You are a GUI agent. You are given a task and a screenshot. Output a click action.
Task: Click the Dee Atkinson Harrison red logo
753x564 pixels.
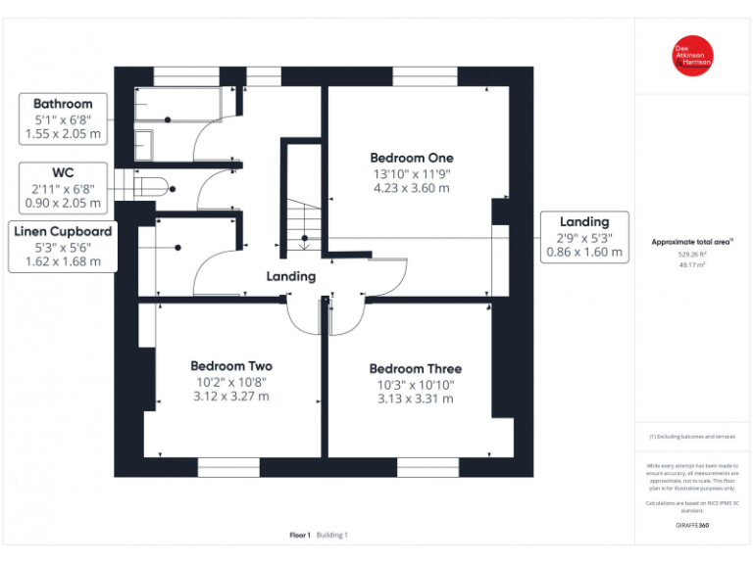click(x=692, y=56)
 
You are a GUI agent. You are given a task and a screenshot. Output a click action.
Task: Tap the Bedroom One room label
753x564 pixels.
click(x=411, y=158)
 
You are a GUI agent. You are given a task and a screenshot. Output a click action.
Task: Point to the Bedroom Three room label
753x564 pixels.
click(x=415, y=369)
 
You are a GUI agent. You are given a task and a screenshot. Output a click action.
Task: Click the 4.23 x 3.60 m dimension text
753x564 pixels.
click(x=411, y=189)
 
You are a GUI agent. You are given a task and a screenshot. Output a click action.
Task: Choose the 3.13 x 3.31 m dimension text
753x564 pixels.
click(x=415, y=399)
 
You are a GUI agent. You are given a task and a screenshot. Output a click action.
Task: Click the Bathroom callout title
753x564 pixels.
click(x=63, y=104)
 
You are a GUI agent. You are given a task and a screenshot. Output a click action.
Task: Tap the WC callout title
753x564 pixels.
click(x=63, y=172)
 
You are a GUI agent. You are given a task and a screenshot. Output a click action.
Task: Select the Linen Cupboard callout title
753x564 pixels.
click(x=63, y=232)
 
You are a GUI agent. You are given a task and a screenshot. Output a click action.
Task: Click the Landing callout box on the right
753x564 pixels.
click(x=584, y=237)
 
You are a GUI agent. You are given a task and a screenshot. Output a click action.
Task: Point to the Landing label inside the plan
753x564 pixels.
click(x=291, y=277)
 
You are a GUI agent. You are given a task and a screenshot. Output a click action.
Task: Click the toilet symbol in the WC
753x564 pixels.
click(x=155, y=187)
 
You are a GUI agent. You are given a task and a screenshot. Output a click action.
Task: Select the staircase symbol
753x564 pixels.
click(x=304, y=223)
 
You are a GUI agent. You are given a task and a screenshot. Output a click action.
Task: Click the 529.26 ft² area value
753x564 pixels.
click(x=692, y=253)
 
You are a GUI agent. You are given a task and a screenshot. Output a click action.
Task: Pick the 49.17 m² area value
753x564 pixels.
click(x=692, y=263)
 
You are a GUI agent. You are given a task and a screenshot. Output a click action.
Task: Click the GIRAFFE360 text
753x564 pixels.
click(x=692, y=526)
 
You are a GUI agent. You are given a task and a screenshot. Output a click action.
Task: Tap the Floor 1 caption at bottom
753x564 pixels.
click(x=300, y=535)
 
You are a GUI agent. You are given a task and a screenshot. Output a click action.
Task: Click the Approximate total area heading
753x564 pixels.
click(x=692, y=241)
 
